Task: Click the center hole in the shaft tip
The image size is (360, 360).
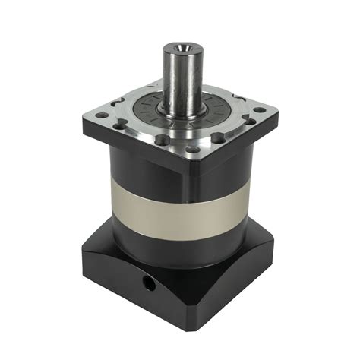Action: [181, 51]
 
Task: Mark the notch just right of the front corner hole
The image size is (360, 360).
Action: [217, 137]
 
